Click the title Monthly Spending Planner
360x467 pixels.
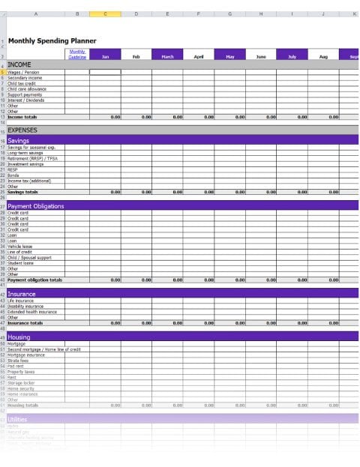52,40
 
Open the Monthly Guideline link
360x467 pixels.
77,54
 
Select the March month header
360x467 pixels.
166,56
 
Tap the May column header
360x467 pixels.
229,56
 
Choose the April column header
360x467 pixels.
198,56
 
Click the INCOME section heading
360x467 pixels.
19,65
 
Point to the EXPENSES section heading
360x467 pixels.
22,130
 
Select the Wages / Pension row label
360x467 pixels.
23,73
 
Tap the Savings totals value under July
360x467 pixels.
292,192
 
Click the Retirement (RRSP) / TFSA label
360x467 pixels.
32,159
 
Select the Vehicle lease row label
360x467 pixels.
20,246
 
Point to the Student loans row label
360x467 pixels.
21,263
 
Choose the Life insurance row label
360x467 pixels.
22,301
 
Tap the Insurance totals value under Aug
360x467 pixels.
323,323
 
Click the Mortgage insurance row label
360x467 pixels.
26,355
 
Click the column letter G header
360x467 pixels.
229,14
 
